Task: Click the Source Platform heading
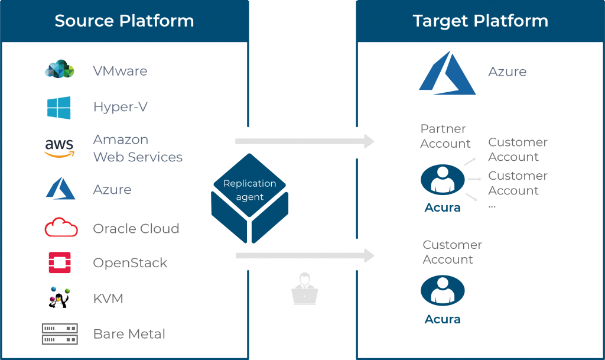124,21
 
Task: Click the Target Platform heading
480,21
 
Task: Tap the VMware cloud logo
60,69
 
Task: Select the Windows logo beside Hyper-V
58,108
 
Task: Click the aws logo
59,148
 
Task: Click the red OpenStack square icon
60,262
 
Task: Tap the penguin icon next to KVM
59,297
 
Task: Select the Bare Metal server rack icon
60,334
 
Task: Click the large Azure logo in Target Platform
448,73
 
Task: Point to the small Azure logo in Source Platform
61,189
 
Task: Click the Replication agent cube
250,199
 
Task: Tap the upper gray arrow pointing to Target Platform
305,141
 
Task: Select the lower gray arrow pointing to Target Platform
305,255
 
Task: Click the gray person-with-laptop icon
305,288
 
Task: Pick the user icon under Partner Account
443,180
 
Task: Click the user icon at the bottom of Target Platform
443,291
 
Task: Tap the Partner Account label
445,136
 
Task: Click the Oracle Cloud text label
136,228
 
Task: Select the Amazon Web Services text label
138,148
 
